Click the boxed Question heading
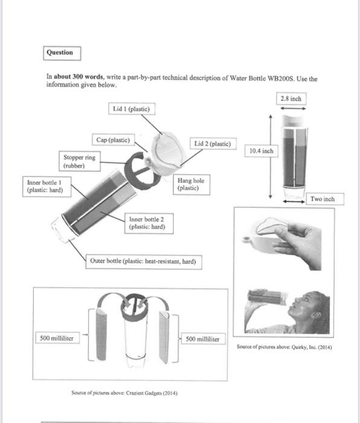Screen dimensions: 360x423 point(62,53)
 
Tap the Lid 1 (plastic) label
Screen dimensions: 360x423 point(132,109)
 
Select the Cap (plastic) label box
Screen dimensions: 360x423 point(114,140)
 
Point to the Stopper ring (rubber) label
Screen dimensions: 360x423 point(80,161)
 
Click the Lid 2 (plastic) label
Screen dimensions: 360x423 point(213,144)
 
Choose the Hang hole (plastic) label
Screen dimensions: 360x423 point(191,184)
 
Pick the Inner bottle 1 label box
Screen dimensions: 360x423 point(47,186)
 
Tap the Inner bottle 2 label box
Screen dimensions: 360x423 point(149,224)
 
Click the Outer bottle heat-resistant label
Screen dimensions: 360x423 point(144,262)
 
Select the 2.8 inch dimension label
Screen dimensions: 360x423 point(291,98)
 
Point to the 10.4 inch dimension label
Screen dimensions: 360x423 point(262,151)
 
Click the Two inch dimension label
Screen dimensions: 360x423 point(325,199)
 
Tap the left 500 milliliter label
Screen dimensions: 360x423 point(57,338)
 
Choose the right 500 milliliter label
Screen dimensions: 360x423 point(203,338)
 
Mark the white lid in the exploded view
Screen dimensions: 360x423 point(168,153)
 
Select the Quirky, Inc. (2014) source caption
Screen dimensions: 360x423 point(284,347)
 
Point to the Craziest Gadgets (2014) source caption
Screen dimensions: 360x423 point(124,393)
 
